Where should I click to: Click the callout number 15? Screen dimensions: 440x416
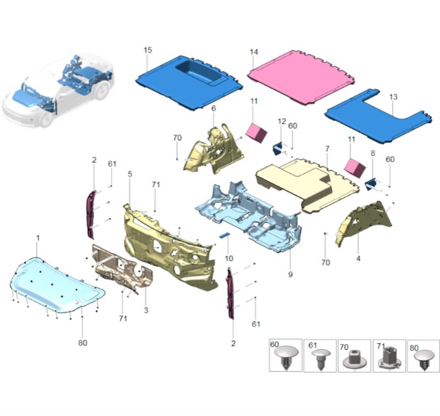click(x=148, y=50)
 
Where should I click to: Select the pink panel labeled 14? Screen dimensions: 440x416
click(x=301, y=77)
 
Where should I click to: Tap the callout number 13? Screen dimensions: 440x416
click(x=393, y=97)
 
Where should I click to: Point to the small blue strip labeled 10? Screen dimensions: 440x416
click(x=224, y=235)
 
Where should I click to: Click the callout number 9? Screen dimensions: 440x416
click(x=290, y=274)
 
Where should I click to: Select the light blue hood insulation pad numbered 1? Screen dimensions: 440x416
click(x=57, y=284)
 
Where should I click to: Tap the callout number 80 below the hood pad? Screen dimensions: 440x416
click(x=83, y=343)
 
